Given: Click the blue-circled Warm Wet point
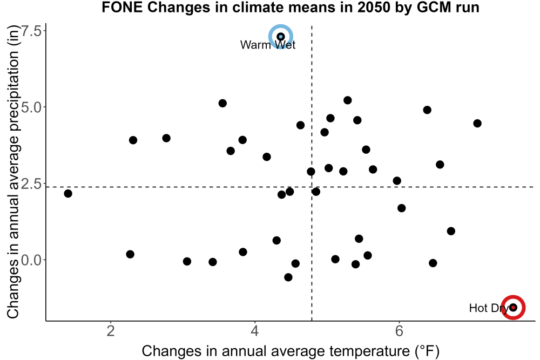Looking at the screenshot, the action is coord(281,37).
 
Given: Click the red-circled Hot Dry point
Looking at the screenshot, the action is coord(513,307).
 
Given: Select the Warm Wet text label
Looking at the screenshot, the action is coord(268,45).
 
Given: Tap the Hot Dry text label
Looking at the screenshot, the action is coord(489,308).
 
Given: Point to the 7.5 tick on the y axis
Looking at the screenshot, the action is coord(31,31).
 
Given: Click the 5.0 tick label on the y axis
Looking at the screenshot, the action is coord(31,107).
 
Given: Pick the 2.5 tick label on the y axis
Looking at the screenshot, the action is coord(31,184).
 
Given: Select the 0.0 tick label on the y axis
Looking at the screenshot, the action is coord(31,260).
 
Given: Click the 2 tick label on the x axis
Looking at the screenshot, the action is coord(111,331).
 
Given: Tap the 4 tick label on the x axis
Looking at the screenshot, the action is coord(255,331).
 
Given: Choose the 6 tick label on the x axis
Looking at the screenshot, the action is coord(399,331).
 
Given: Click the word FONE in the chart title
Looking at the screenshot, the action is coord(122,7).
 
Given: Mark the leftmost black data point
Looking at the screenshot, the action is coord(68,193).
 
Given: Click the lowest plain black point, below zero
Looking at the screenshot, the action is coord(288,277).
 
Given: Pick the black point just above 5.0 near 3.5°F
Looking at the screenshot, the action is coord(222,103).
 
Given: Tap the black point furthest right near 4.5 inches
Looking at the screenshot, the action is coord(477,123).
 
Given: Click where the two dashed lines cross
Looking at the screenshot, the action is coord(312,187).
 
